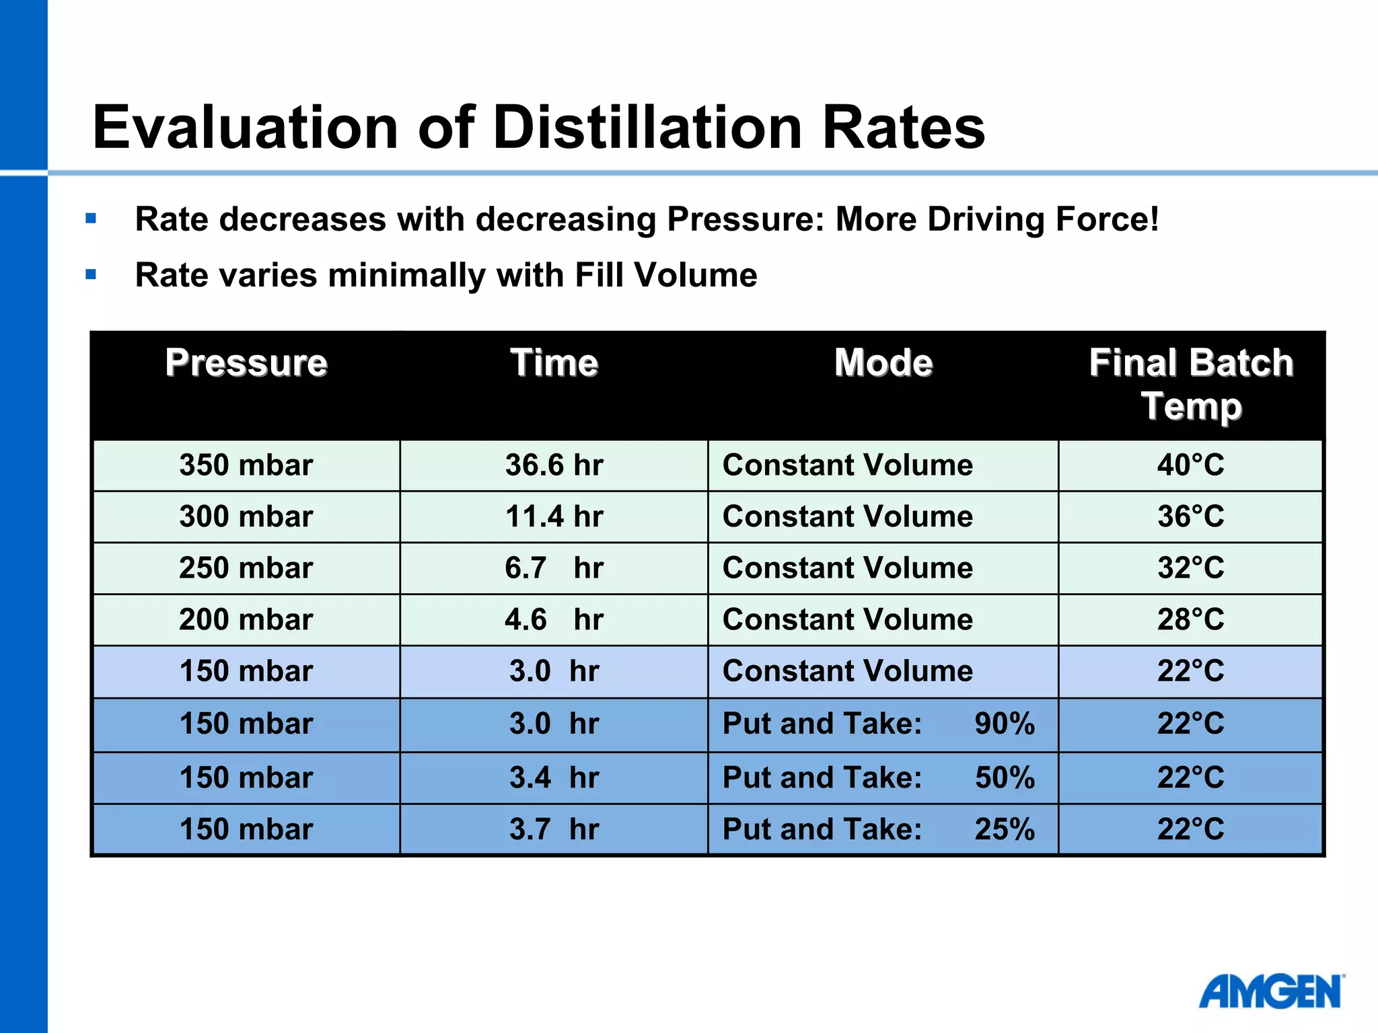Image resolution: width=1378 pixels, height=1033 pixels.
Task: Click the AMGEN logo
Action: click(1270, 993)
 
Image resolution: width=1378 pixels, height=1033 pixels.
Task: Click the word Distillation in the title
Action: click(647, 128)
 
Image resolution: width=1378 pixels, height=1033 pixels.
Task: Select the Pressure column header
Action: click(246, 363)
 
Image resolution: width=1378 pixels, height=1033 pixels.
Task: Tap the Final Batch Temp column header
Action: click(1191, 385)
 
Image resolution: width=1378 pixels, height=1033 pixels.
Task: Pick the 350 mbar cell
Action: click(246, 465)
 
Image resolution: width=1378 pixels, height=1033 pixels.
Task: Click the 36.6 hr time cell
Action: click(554, 465)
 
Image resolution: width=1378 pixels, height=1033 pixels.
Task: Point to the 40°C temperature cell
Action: click(1190, 465)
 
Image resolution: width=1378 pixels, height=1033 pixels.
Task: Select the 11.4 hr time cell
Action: click(554, 516)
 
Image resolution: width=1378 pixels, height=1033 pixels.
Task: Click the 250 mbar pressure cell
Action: click(246, 568)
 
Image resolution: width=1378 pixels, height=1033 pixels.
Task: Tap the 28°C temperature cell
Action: click(1190, 619)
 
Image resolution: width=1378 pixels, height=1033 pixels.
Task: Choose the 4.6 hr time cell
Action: click(554, 619)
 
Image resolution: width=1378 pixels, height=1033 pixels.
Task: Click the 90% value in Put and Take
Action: click(1005, 724)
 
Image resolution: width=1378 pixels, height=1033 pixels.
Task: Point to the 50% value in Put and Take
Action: click(1005, 778)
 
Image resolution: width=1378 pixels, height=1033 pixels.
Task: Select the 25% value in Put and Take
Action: click(1005, 829)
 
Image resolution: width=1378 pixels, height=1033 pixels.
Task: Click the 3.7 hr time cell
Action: click(554, 829)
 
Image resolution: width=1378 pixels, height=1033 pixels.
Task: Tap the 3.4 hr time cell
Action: click(554, 778)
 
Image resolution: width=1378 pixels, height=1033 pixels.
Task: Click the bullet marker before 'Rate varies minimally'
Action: click(92, 274)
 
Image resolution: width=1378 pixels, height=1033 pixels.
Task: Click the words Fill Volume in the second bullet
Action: click(665, 275)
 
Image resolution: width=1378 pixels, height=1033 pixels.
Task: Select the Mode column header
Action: click(883, 363)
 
